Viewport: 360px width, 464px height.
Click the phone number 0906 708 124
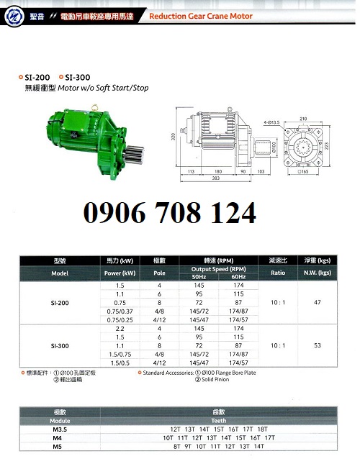pyautogui.click(x=170, y=213)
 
